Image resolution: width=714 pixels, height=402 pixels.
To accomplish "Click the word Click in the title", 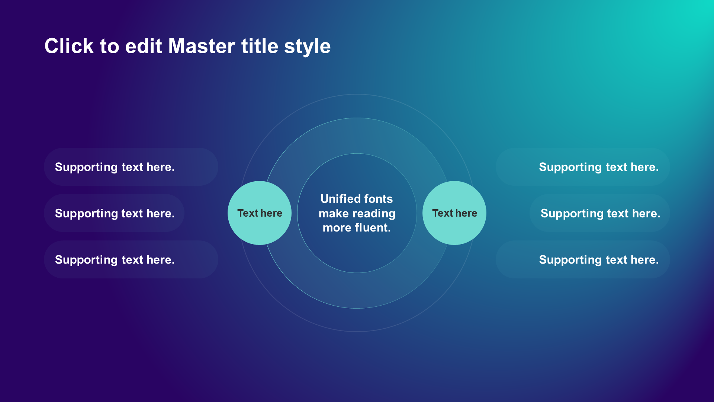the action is (x=69, y=46).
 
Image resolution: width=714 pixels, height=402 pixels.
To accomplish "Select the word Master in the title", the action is (x=202, y=46).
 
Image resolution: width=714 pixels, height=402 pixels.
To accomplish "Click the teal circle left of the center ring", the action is (x=260, y=213).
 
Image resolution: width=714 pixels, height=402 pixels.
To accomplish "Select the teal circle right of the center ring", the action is (x=454, y=213).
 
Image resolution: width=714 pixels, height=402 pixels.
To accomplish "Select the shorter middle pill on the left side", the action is (x=114, y=213).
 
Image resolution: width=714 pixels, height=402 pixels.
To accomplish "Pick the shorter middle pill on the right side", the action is (x=600, y=213).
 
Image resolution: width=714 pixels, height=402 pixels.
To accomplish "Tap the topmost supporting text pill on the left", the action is (x=131, y=167).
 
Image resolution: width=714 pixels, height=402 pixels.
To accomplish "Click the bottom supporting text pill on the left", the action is (x=131, y=259).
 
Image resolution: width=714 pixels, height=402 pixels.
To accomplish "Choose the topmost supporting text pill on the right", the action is (x=583, y=167).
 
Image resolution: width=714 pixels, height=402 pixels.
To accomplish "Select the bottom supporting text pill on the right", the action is (x=583, y=259).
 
